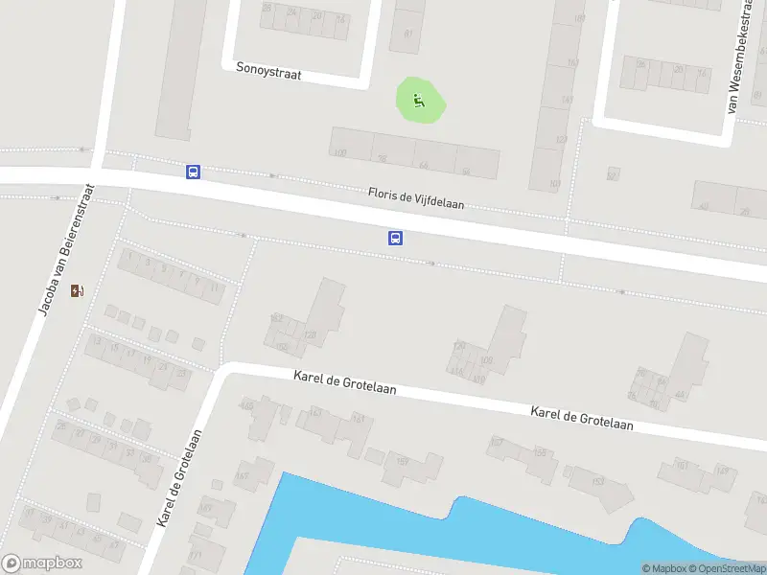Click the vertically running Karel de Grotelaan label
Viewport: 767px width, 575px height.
179,478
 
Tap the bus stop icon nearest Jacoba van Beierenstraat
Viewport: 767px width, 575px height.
194,172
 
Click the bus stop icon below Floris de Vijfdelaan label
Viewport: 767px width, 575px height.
395,238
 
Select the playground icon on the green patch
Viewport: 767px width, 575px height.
419,100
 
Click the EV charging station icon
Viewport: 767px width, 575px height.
77,290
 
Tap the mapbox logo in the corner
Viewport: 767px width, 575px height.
42,563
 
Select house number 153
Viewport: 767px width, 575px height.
598,481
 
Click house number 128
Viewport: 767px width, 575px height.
310,334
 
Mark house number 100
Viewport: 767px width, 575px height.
339,153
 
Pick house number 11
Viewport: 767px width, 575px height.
215,287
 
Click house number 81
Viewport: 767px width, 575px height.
409,34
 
